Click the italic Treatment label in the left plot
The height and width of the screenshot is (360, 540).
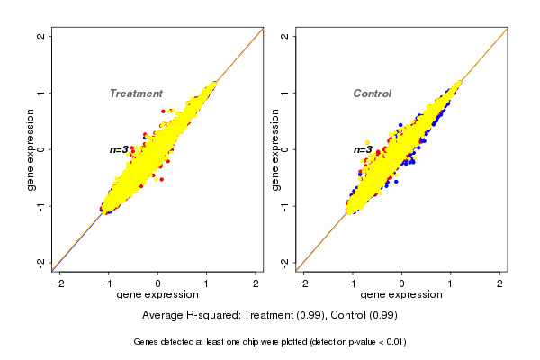click(136, 94)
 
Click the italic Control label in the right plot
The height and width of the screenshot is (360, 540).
click(372, 94)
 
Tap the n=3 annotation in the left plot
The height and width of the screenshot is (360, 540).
click(120, 149)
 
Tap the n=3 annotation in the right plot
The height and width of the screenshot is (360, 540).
click(363, 149)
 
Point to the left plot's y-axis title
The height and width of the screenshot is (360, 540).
click(31, 149)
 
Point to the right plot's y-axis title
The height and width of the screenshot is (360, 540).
click(274, 149)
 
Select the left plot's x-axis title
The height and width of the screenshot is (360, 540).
click(157, 295)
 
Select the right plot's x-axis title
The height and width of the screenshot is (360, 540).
click(400, 295)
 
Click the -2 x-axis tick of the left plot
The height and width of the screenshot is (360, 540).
click(60, 283)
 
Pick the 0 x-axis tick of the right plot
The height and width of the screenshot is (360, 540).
click(401, 283)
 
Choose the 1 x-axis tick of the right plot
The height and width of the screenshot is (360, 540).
click(450, 283)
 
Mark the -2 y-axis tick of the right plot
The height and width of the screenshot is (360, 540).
click(285, 262)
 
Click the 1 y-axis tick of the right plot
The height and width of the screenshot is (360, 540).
click(285, 93)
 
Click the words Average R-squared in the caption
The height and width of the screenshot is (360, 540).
click(184, 316)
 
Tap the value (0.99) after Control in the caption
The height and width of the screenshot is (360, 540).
click(382, 316)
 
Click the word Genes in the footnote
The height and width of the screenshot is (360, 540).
click(147, 342)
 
